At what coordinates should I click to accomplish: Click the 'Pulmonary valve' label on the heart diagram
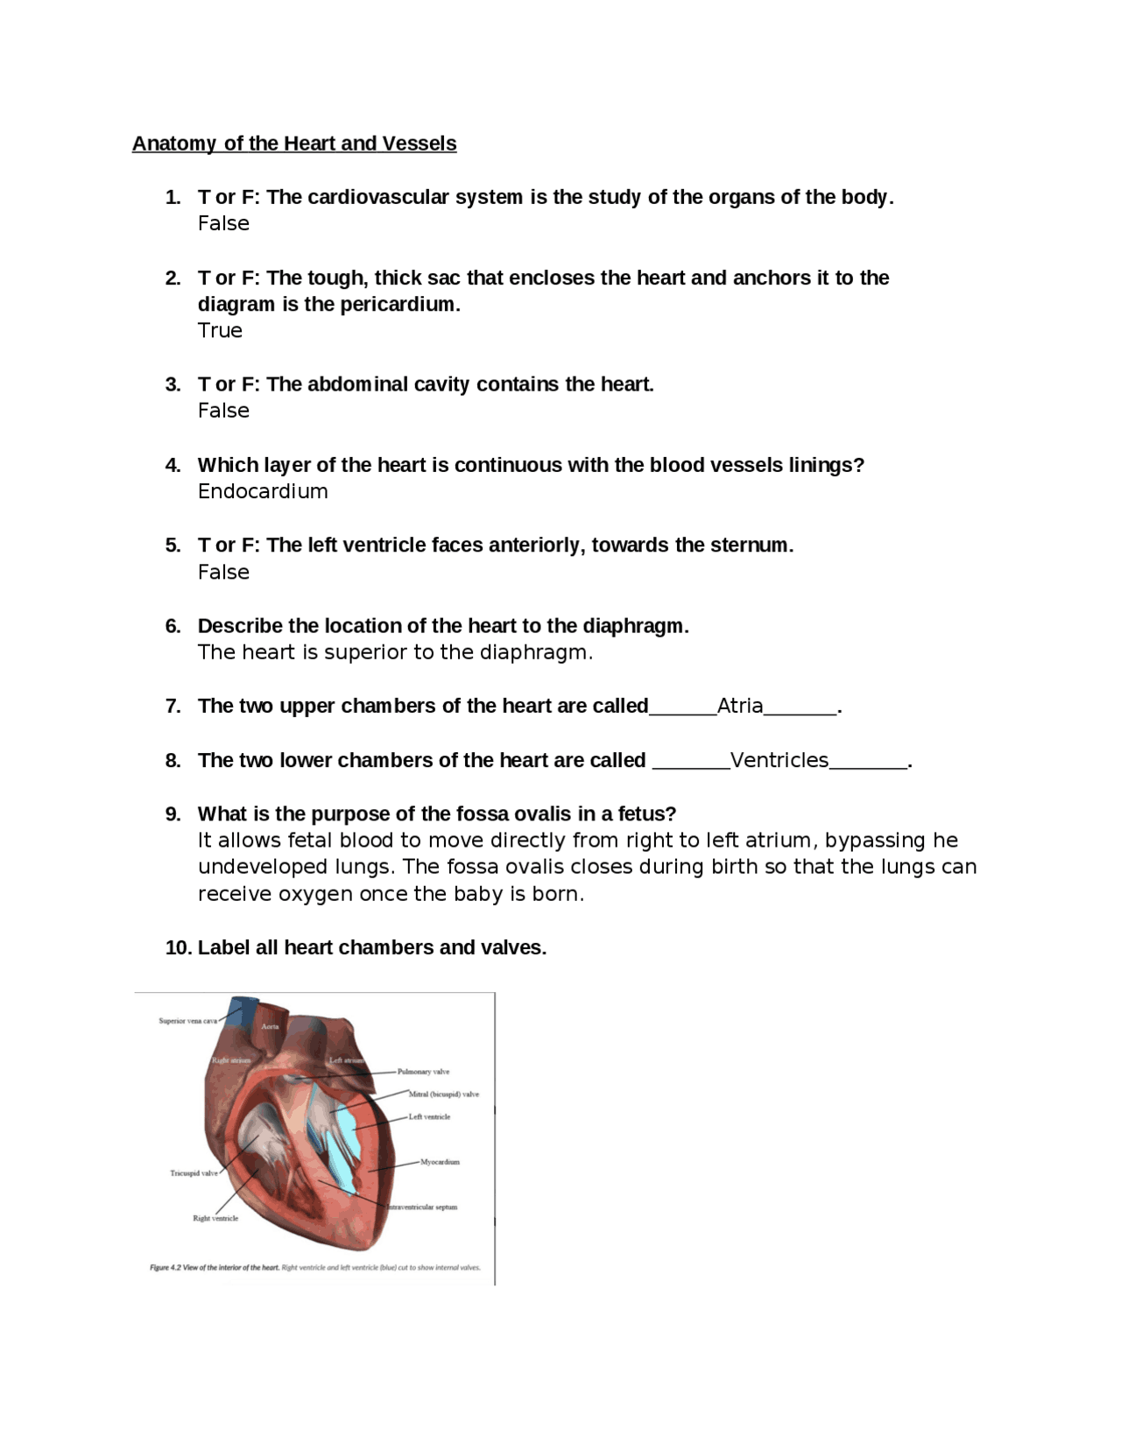pos(423,1072)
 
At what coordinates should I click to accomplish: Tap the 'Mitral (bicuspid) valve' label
pos(443,1095)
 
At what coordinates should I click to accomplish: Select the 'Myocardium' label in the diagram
pos(440,1163)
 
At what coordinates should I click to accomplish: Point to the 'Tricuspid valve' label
pos(194,1173)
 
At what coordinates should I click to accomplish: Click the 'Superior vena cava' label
pos(187,1021)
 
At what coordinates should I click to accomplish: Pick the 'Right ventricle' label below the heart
pos(215,1219)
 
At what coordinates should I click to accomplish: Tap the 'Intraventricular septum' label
pos(422,1207)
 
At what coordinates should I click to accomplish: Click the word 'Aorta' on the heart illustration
pos(270,1027)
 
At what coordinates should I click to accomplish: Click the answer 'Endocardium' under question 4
pos(263,491)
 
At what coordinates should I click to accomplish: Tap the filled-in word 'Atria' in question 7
pos(740,706)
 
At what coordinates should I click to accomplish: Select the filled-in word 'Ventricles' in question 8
pos(779,760)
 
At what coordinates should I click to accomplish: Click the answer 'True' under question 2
pos(220,330)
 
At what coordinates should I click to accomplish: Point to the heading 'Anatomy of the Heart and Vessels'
pos(294,144)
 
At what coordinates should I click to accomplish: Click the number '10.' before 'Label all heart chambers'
pos(178,947)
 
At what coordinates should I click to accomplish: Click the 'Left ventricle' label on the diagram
pos(429,1117)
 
